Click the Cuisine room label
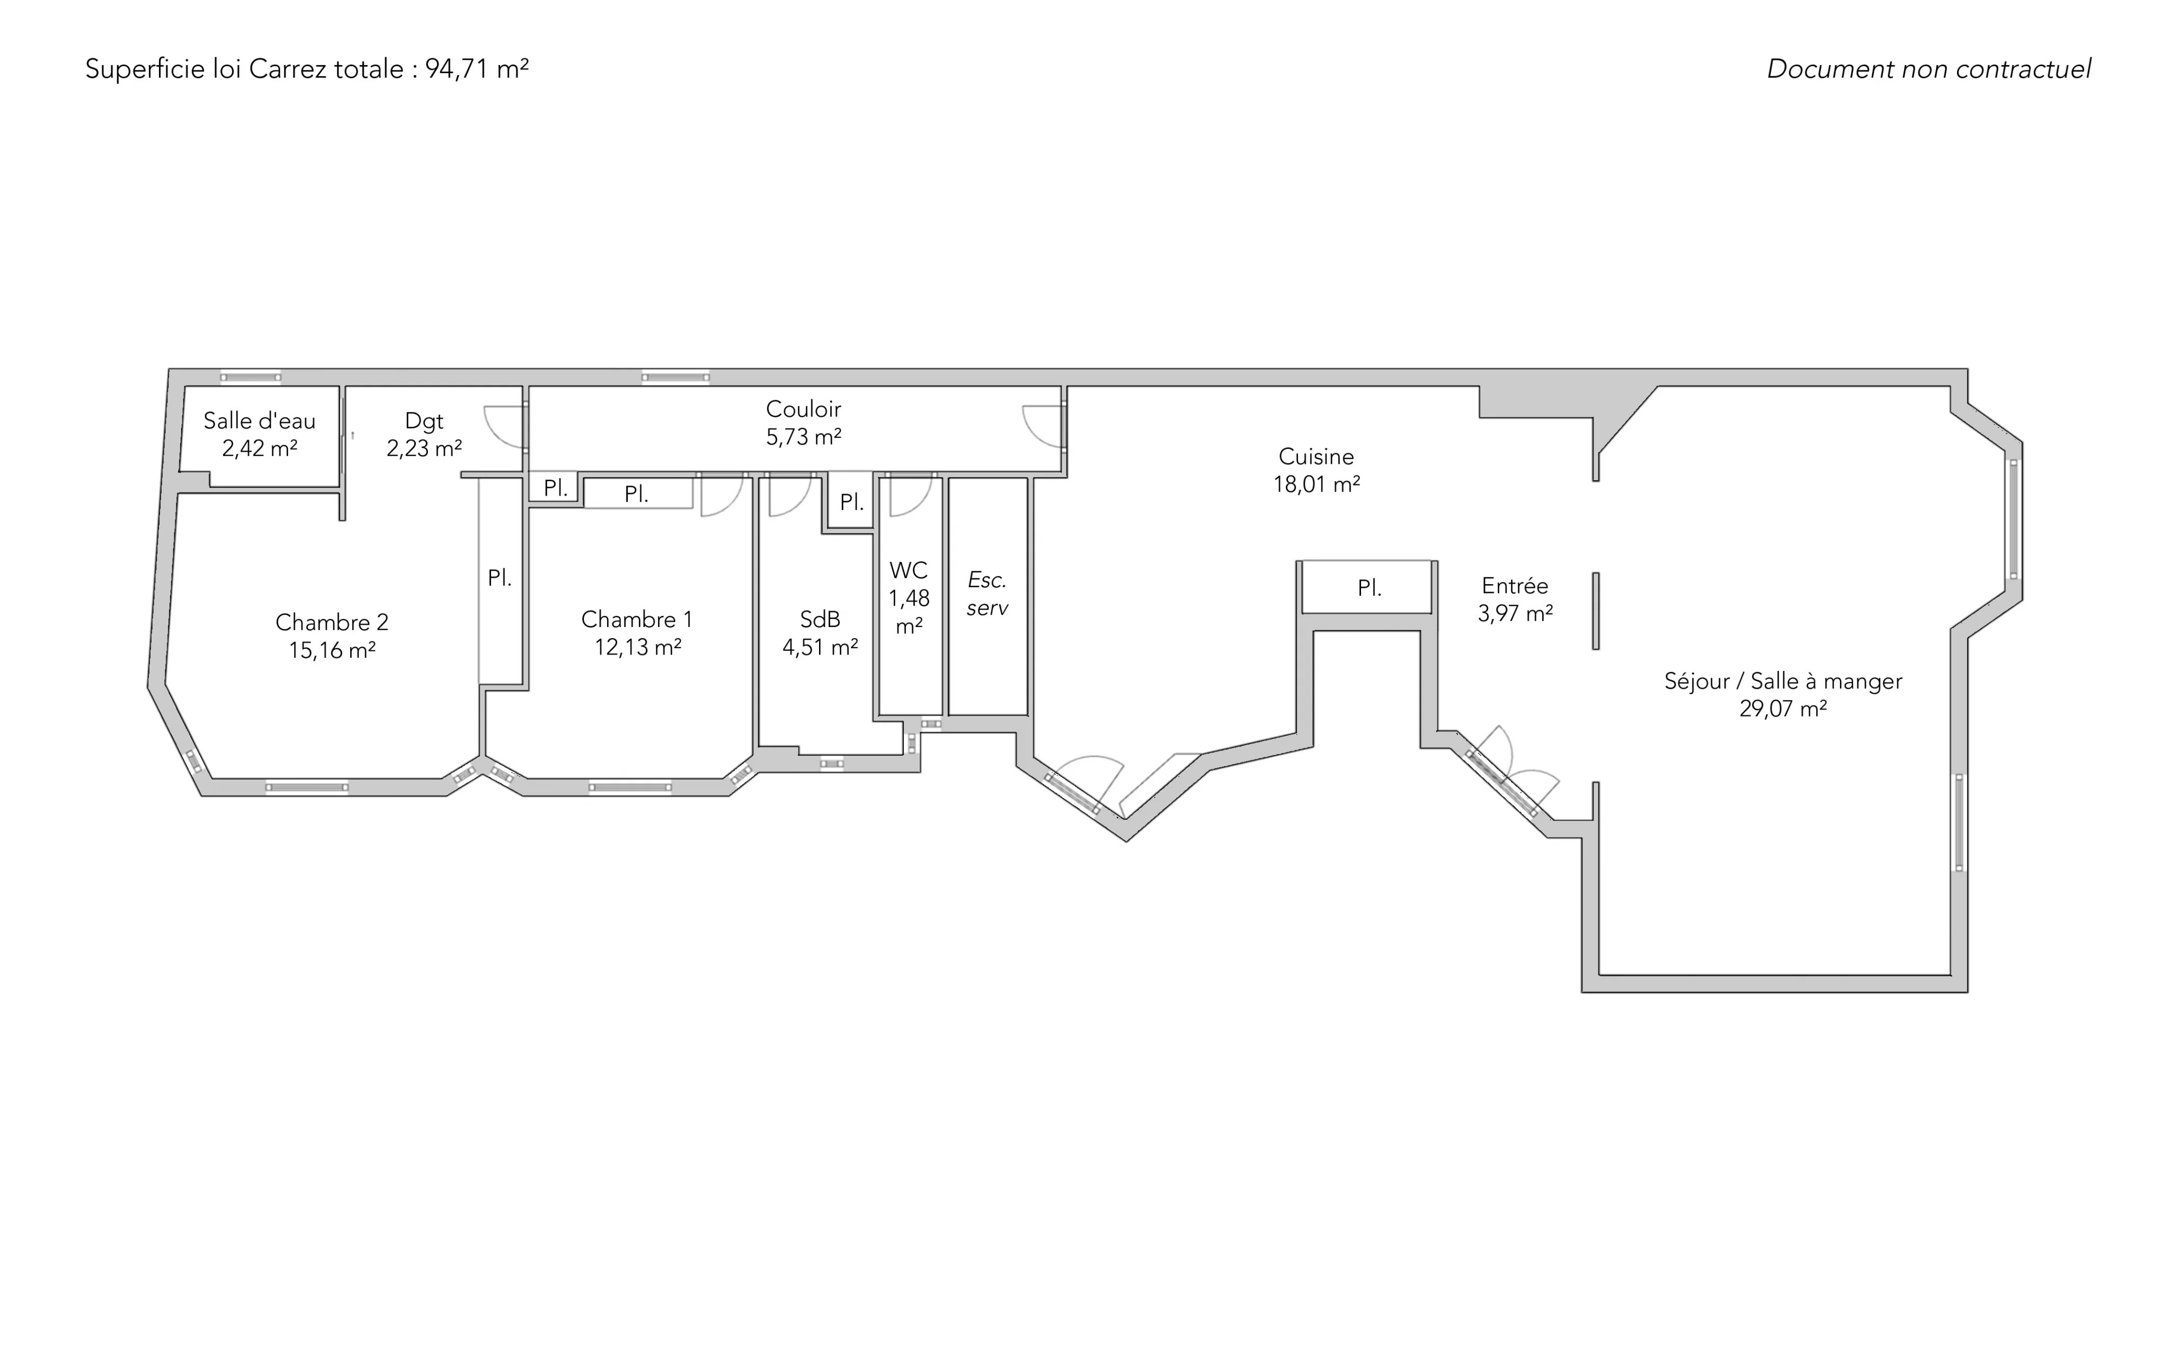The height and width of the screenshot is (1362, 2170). pyautogui.click(x=1315, y=456)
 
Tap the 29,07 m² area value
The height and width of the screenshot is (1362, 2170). pyautogui.click(x=1783, y=709)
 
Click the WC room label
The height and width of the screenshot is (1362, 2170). pyautogui.click(x=909, y=570)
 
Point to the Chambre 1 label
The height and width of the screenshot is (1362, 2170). pyautogui.click(x=637, y=620)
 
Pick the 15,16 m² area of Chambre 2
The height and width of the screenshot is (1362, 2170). pyautogui.click(x=332, y=650)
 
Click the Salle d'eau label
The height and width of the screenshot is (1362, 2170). pyautogui.click(x=260, y=420)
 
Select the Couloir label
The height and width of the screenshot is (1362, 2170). pyautogui.click(x=803, y=409)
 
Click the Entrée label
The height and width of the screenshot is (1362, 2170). pyautogui.click(x=1515, y=586)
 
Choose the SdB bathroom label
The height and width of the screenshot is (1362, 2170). pyautogui.click(x=820, y=619)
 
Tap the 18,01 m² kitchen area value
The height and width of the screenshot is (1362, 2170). pyautogui.click(x=1315, y=485)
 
